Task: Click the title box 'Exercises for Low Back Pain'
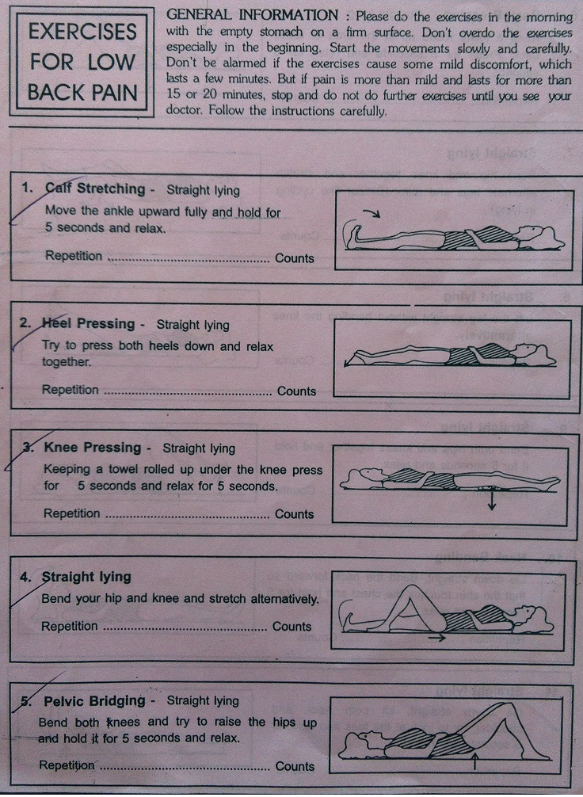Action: coord(82,62)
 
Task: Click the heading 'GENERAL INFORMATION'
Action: coord(252,15)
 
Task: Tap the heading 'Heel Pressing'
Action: coord(88,323)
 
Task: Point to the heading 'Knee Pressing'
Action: coord(93,448)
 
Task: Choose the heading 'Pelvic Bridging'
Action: coord(94,701)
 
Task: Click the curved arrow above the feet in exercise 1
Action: coord(372,212)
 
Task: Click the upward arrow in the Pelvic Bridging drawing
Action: coord(474,761)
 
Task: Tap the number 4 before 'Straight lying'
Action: coord(25,577)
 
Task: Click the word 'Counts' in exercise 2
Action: coord(296,391)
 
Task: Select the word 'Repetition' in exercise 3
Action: coord(71,513)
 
